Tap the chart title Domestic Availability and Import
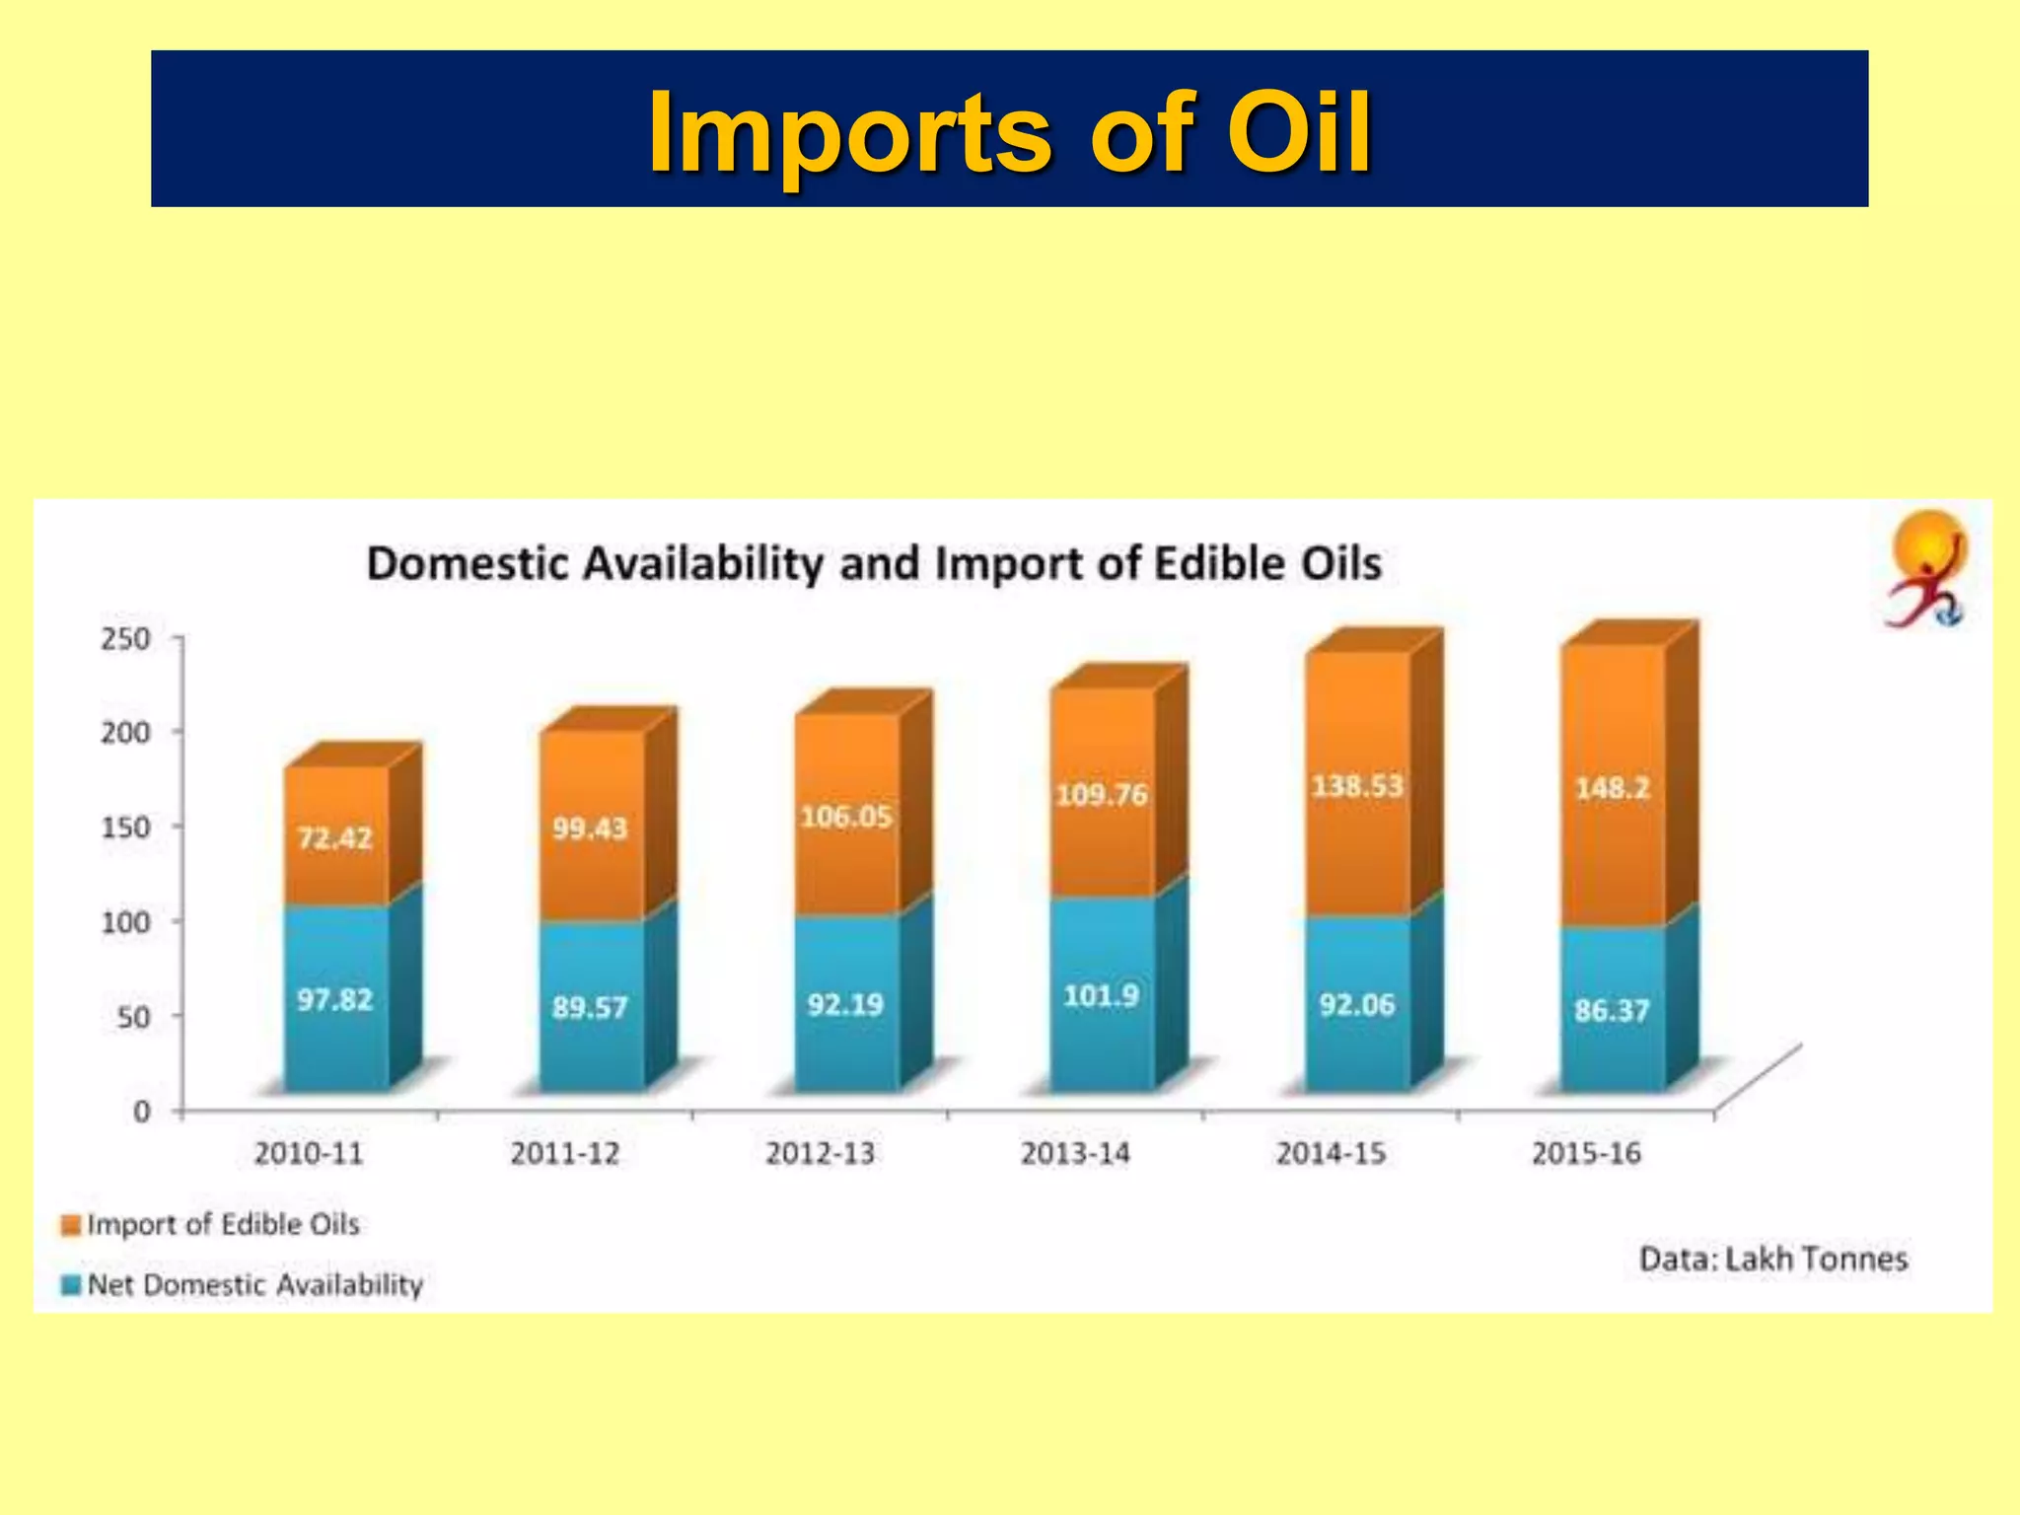point(873,565)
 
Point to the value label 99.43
point(590,829)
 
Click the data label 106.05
point(845,818)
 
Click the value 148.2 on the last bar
point(1612,788)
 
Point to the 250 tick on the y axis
point(125,639)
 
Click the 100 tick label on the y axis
point(125,922)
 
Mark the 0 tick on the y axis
point(141,1113)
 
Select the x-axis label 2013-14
point(1075,1153)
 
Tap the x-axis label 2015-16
point(1586,1153)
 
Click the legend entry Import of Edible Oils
point(222,1225)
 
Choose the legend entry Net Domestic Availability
point(254,1285)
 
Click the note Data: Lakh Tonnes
point(1772,1260)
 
